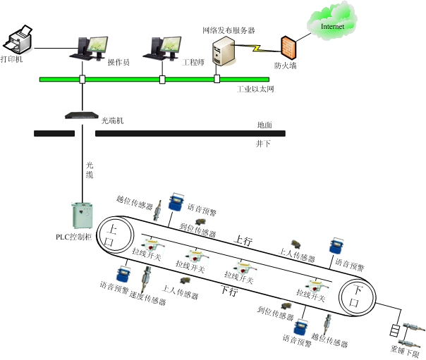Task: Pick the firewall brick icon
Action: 286,48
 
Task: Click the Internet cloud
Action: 331,26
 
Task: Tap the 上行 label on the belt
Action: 243,241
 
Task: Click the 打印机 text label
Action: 12,60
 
